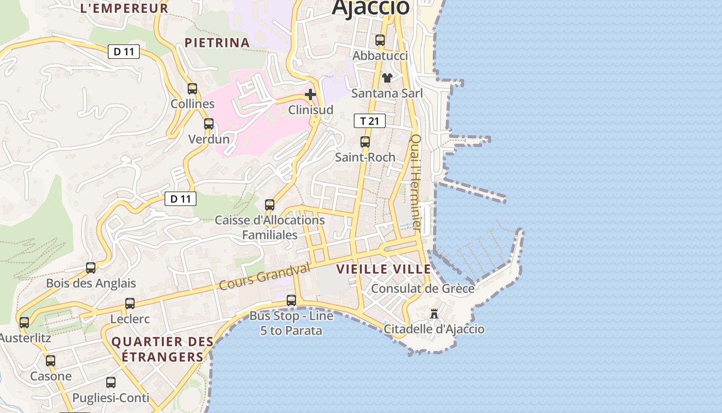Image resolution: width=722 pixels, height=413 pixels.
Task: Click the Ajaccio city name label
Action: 370,7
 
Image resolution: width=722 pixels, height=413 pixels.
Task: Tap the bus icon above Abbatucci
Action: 380,40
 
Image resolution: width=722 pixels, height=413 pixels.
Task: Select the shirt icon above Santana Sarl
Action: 387,77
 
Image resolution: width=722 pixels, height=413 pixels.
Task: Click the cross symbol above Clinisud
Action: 310,94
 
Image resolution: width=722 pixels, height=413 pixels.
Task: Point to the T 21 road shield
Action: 370,121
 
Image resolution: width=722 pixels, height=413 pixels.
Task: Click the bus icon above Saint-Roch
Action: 365,141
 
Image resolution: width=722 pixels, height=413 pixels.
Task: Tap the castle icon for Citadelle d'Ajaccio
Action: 434,314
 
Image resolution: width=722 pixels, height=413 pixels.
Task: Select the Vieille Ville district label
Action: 384,269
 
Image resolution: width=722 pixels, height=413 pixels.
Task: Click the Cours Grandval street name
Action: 265,276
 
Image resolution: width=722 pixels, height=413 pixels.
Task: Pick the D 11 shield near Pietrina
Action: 124,52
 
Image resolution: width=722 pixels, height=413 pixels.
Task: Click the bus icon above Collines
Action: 192,88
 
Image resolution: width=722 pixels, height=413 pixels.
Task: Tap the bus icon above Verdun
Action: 209,124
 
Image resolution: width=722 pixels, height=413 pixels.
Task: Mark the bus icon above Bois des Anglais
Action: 91,267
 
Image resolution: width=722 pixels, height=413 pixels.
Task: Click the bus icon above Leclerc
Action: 130,304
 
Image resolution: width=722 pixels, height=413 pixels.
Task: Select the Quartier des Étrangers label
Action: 162,350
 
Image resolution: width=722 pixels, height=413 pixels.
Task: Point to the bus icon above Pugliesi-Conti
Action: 111,383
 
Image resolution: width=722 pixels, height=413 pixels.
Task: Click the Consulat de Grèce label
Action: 423,289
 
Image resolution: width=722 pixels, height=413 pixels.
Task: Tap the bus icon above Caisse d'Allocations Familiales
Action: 270,204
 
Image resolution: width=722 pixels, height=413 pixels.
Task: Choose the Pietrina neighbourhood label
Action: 217,43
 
